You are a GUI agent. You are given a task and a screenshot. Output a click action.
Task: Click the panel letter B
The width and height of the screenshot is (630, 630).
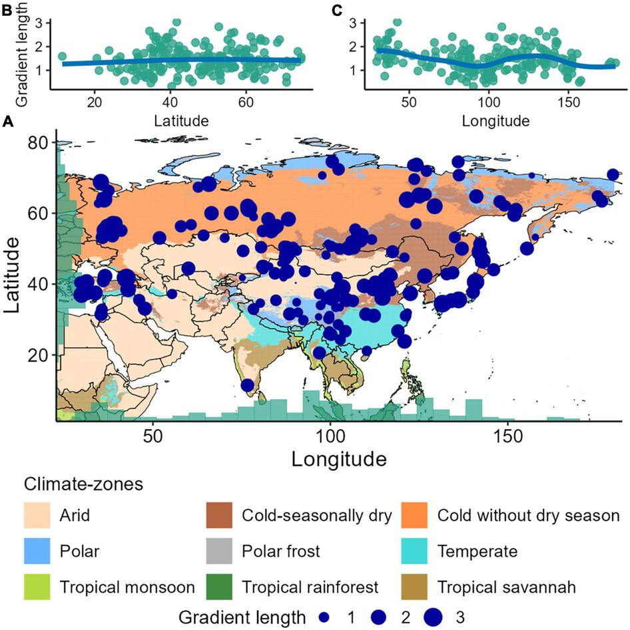(9, 9)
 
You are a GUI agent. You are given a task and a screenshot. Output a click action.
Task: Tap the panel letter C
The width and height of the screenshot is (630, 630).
(337, 9)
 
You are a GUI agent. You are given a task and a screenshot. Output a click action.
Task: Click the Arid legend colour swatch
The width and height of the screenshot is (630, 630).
(37, 515)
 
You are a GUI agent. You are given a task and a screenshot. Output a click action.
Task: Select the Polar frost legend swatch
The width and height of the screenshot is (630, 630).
(219, 551)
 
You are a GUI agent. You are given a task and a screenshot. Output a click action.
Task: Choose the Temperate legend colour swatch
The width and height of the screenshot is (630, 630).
(416, 551)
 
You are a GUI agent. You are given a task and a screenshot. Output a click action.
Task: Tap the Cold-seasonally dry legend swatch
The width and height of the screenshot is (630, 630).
(219, 515)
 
